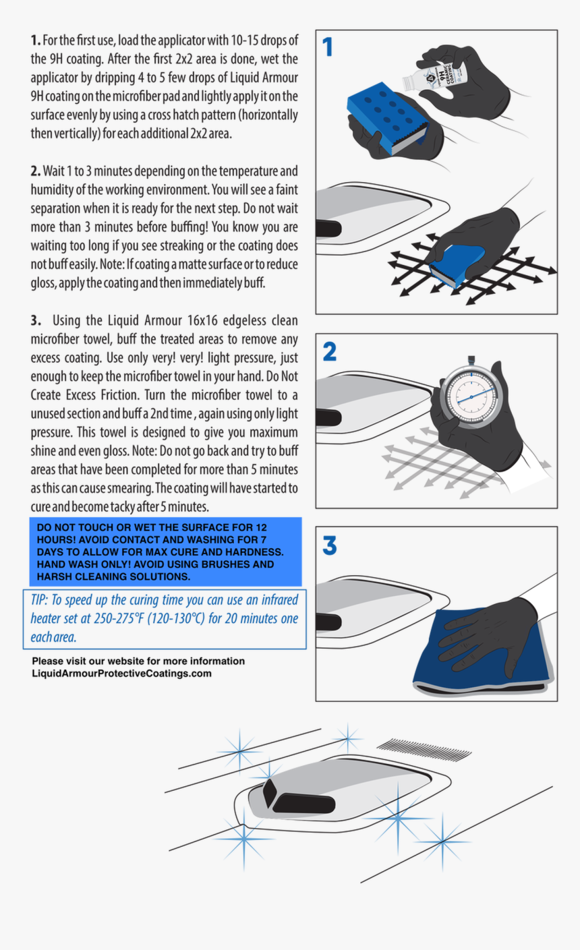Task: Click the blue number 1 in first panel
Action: (x=328, y=47)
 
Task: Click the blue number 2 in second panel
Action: (x=329, y=351)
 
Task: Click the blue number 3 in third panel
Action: (x=329, y=545)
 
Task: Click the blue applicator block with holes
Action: (x=384, y=115)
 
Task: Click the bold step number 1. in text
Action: (x=36, y=40)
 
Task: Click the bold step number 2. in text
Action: (x=36, y=171)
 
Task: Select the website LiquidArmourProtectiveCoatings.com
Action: (x=121, y=674)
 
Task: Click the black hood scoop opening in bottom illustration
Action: (x=303, y=803)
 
